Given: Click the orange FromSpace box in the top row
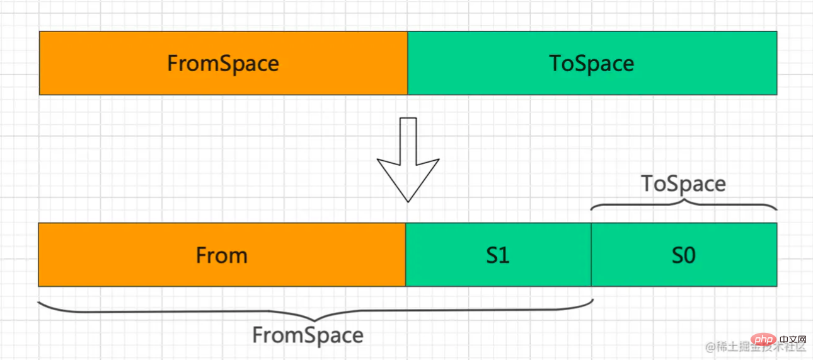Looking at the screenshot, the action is coord(223,63).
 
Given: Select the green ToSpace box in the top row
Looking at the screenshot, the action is coord(592,63).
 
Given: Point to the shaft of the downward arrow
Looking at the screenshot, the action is coord(408,141).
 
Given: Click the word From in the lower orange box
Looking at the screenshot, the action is coord(222,255).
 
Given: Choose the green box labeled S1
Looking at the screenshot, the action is coord(499,255).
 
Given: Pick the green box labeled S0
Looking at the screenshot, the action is coord(684,255).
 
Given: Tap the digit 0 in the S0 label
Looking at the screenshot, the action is coord(689,255).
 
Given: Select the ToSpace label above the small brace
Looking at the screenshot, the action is coord(683,183).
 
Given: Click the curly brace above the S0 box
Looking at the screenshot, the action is coord(684,204).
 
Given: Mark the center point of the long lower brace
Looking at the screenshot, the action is coord(314,320).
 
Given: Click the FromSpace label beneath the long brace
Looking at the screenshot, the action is coord(308,335).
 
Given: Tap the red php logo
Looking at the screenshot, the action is coord(764,340).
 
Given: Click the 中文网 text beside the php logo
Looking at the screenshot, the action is coord(793,340).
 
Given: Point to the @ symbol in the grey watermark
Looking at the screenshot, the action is coord(710,347).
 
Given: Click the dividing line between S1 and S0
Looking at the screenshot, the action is coord(591,255).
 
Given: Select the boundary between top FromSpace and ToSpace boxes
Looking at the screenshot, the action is coord(408,63).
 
